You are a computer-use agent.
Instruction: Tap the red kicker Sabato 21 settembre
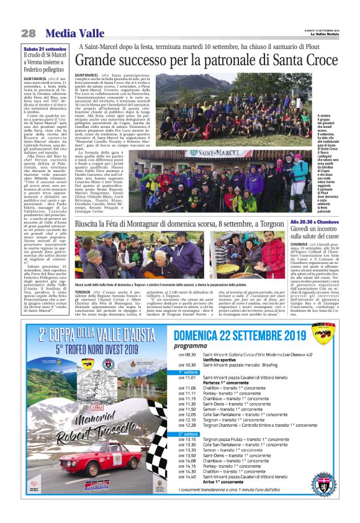pyautogui.click(x=45, y=48)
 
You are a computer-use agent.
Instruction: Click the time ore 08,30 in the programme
pyautogui.click(x=187, y=354)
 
